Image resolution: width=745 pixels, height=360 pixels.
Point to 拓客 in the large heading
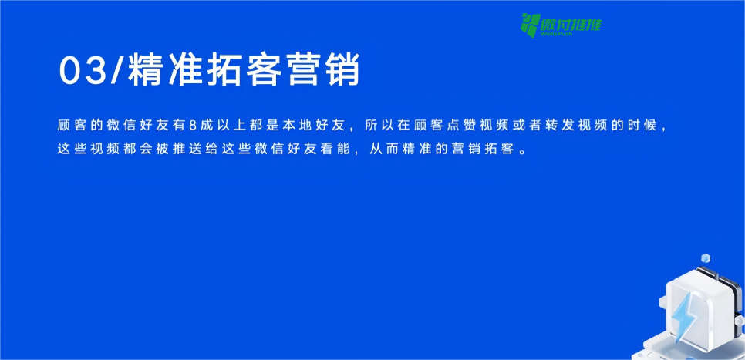(245, 71)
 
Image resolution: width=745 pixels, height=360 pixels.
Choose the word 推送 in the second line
(186, 149)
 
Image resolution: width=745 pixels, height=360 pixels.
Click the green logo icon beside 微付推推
(530, 25)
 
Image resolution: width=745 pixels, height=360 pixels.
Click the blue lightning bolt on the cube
(683, 315)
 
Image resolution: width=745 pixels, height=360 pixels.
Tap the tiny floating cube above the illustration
(705, 258)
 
